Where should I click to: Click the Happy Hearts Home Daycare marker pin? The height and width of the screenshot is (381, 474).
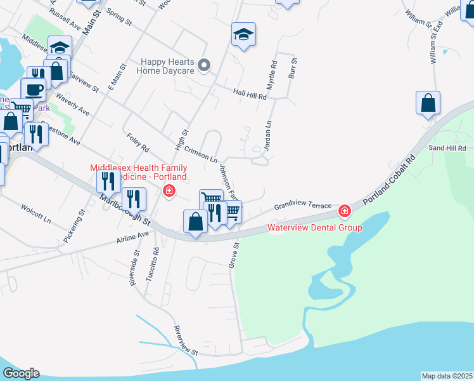click(204, 65)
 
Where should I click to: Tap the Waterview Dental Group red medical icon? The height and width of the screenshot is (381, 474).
click(344, 210)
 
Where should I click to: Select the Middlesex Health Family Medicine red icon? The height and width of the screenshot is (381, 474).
click(169, 190)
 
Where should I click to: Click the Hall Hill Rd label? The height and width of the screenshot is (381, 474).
click(250, 93)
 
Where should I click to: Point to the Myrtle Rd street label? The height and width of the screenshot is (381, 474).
click(272, 74)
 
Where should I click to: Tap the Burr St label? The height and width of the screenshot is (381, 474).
click(293, 68)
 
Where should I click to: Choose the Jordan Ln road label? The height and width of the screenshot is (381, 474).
click(267, 135)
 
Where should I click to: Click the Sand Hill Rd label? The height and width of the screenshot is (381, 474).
click(447, 148)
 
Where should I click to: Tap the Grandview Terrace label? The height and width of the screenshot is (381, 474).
click(303, 206)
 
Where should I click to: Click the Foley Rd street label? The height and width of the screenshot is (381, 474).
click(138, 142)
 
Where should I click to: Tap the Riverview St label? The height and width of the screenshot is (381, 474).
click(186, 341)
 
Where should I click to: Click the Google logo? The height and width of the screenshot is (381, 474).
click(21, 373)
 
